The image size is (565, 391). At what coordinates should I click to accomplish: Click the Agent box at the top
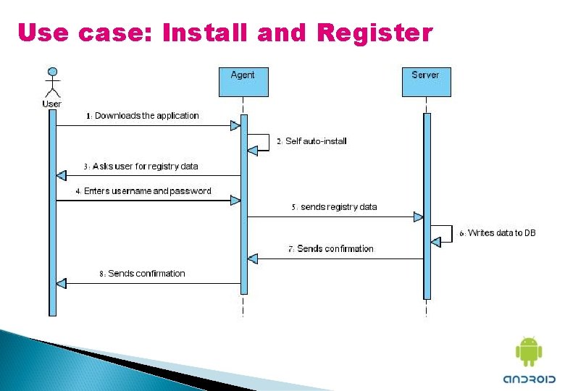[243, 81]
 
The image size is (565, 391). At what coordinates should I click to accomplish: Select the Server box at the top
[426, 81]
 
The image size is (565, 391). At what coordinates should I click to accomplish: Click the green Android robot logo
[528, 352]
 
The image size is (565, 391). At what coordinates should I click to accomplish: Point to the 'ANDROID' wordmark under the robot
[529, 379]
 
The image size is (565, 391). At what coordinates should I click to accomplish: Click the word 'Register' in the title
[374, 33]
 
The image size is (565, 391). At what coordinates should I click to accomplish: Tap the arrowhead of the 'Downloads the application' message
[235, 126]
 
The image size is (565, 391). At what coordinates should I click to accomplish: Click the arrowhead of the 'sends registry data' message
[419, 216]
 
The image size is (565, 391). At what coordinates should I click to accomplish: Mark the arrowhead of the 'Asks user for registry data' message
[61, 175]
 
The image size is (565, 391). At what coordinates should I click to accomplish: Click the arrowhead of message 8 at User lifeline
[61, 283]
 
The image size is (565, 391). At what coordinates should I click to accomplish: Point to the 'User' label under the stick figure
[51, 104]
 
